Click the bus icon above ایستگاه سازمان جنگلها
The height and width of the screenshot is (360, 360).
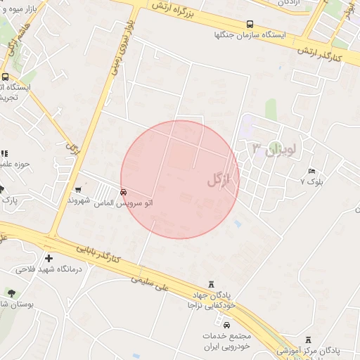pos(252,23)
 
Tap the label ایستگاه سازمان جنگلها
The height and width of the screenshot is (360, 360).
pos(252,34)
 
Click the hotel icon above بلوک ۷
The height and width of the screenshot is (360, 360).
pos(312,172)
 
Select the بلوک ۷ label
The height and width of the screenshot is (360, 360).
pos(313,181)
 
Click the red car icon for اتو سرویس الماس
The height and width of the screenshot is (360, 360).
pos(124,192)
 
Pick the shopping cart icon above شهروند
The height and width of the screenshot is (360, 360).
pos(78,189)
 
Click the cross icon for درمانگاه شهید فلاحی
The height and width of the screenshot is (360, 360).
pos(49,257)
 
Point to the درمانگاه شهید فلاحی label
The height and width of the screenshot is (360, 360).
pos(49,269)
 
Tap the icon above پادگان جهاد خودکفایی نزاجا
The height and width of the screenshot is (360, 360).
pos(212,284)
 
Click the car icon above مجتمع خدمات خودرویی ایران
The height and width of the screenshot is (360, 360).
pos(226,325)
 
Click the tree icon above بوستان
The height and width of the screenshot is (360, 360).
pos(11,292)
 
